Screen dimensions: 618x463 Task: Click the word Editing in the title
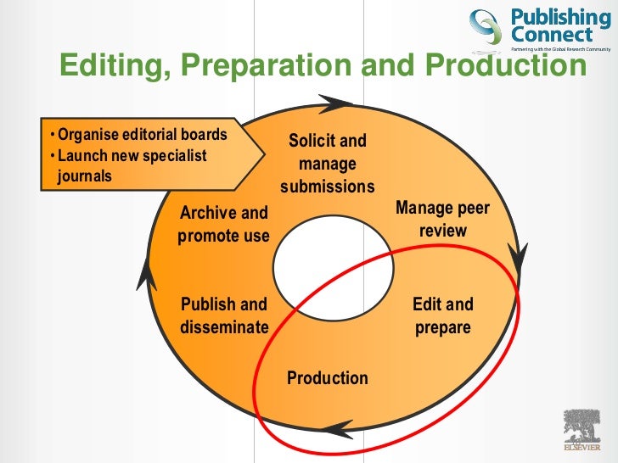(108, 65)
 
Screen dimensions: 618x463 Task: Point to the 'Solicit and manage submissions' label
(328, 163)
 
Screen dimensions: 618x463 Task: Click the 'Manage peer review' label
(442, 219)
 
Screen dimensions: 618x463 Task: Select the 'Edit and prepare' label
(442, 315)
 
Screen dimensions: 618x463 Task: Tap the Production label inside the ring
(328, 378)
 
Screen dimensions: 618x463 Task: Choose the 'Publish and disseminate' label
(224, 315)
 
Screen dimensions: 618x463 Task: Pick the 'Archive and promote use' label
(223, 224)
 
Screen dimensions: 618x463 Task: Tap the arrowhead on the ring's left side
(148, 273)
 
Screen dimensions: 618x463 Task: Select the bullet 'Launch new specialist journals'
(132, 165)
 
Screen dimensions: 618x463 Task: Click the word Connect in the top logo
(551, 36)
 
